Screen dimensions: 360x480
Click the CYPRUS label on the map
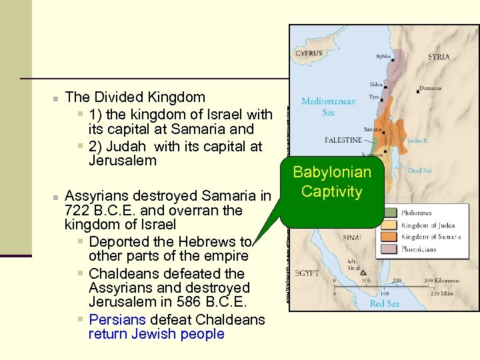click(x=309, y=53)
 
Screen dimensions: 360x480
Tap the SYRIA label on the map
click(x=438, y=57)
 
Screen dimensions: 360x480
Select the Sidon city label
click(x=377, y=85)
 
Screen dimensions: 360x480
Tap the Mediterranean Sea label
click(x=328, y=107)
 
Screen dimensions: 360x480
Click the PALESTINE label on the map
click(x=343, y=141)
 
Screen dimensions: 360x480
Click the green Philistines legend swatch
click(x=388, y=213)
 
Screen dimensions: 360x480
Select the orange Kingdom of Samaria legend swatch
click(x=388, y=237)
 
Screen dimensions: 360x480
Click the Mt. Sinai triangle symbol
click(x=363, y=273)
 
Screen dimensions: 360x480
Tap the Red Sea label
click(x=385, y=304)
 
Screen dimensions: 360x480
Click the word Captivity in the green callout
click(x=331, y=192)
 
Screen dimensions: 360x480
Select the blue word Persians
click(x=117, y=319)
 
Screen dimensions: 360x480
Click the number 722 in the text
click(x=77, y=210)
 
